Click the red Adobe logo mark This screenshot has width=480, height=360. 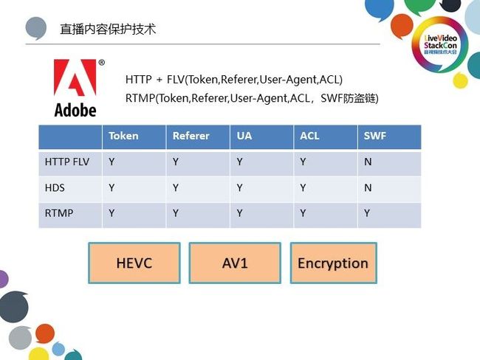75,77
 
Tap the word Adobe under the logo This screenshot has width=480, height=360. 75,110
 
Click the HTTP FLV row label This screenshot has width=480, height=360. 67,162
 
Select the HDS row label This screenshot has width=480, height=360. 55,187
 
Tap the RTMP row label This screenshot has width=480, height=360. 59,213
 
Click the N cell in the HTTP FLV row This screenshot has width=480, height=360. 368,162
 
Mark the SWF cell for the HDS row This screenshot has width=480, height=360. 368,187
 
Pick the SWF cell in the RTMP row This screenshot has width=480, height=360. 367,213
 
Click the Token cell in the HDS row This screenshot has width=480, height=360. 112,187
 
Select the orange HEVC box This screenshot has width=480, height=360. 134,263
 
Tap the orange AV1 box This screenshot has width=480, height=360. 235,263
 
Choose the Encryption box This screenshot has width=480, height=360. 333,263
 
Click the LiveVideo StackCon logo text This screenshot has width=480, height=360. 440,44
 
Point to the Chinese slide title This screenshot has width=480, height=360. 108,30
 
